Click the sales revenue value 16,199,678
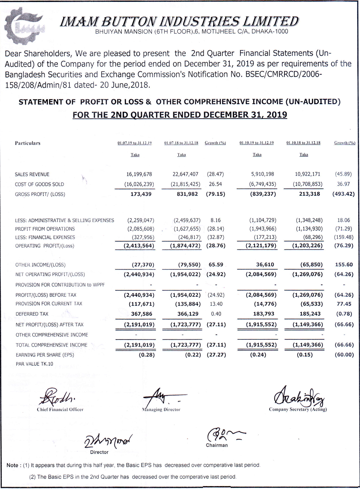[139, 174]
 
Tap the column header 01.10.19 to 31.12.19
[257, 143]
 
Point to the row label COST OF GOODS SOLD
[40, 184]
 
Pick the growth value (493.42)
[343, 194]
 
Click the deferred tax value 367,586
[141, 314]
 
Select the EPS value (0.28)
[147, 355]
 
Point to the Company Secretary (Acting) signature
[299, 396]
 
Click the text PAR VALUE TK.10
[34, 364]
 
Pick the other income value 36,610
[265, 264]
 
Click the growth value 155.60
[344, 264]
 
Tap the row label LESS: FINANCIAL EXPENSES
[45, 237]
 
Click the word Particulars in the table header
[28, 143]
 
